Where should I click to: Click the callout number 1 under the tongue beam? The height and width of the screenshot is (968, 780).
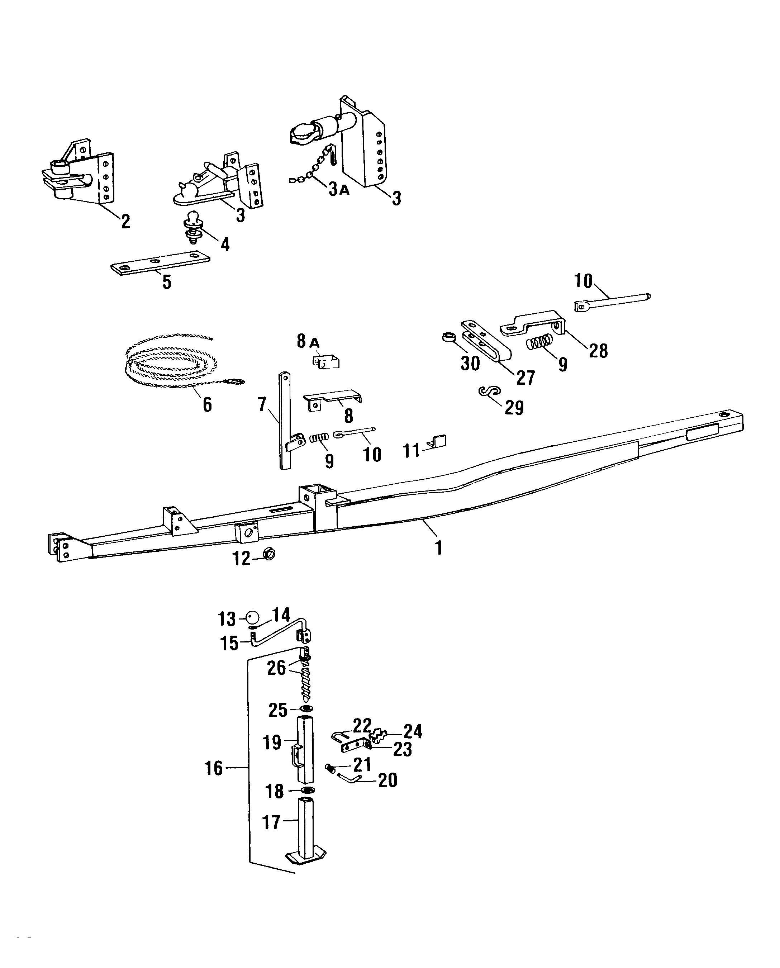click(x=439, y=548)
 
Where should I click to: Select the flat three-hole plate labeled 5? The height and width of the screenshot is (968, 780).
click(x=160, y=262)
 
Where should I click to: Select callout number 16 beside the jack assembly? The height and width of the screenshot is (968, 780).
click(x=214, y=768)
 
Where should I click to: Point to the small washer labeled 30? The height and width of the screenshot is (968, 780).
click(x=447, y=337)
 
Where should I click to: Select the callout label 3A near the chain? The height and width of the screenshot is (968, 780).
click(x=338, y=190)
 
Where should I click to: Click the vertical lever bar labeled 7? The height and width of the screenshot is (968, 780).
click(x=284, y=420)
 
